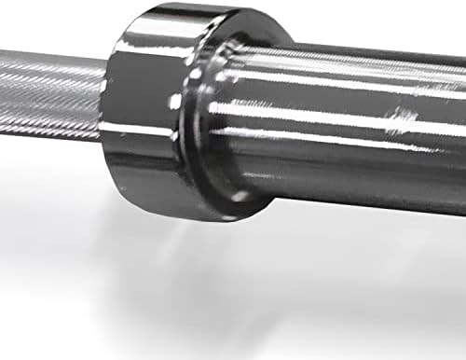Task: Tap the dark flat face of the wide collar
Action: point(140,103)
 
